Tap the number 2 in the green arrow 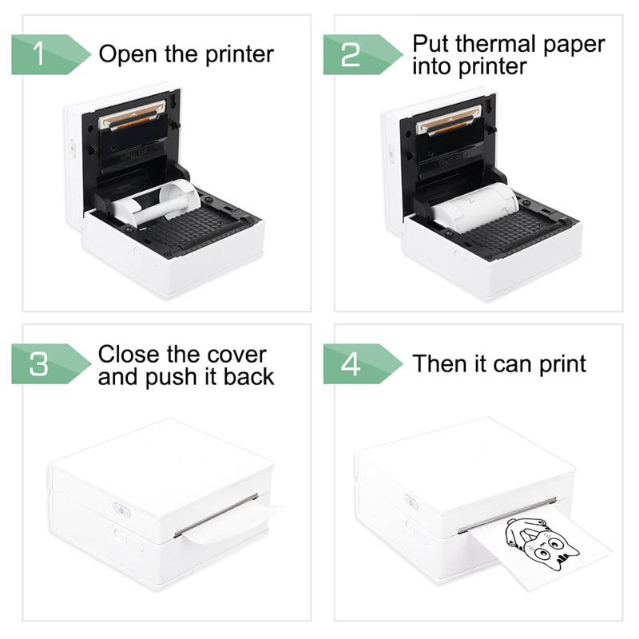coord(351,55)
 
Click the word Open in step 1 coord(125,55)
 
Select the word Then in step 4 coord(439,364)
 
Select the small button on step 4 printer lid coord(411,501)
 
